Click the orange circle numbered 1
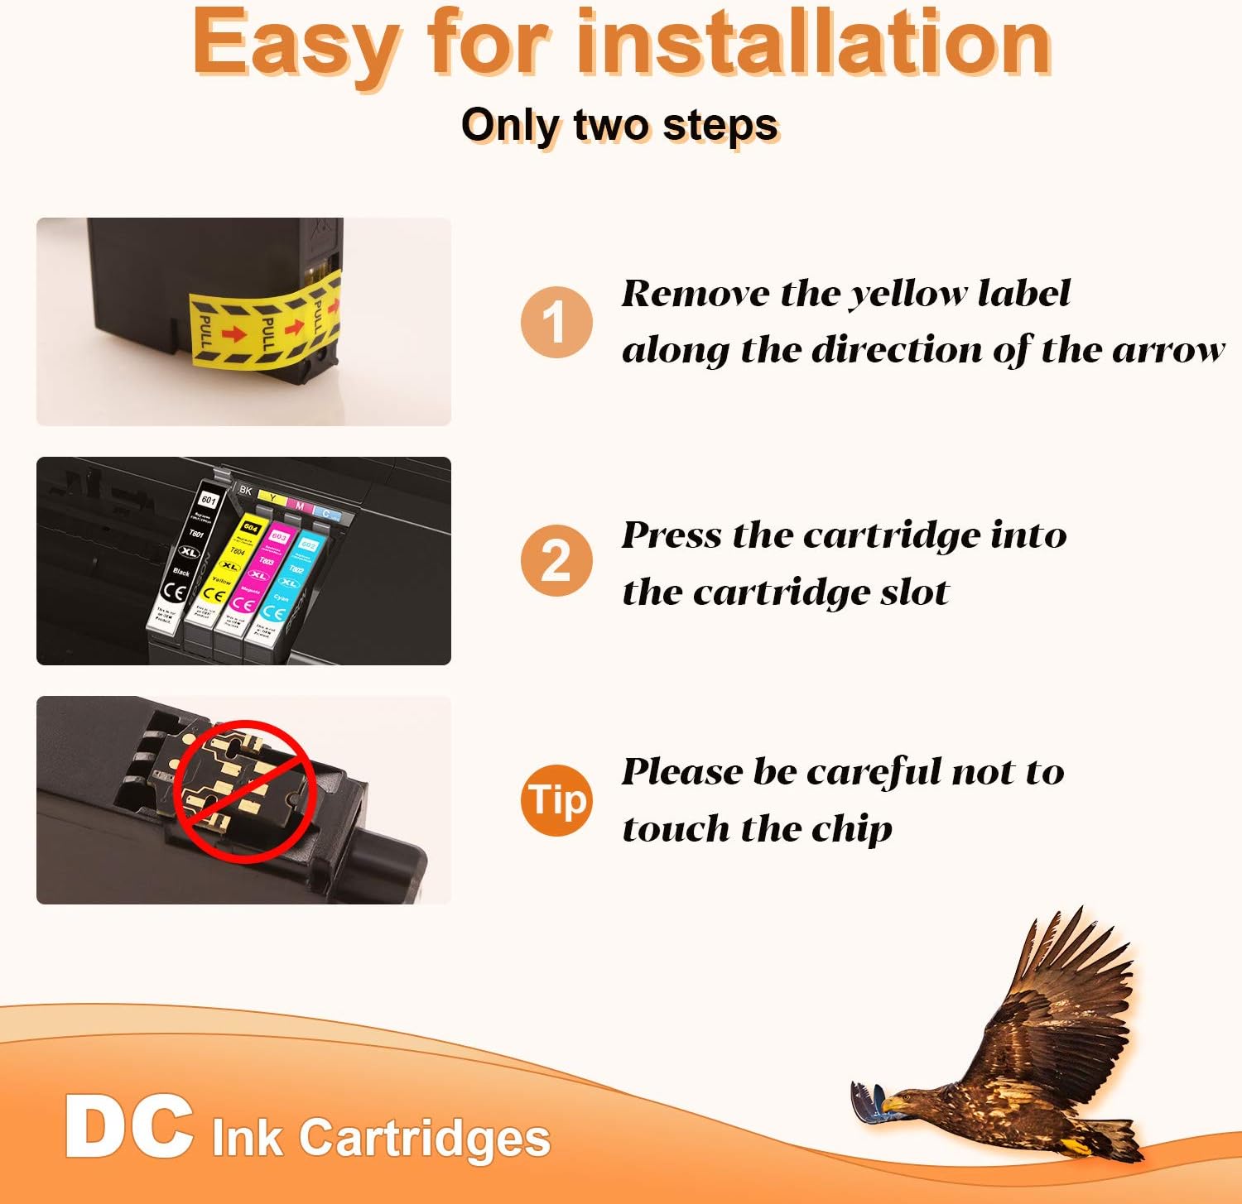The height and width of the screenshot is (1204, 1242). pos(556,322)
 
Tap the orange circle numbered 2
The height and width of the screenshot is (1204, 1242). pos(556,560)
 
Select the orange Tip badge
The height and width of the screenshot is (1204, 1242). pos(556,799)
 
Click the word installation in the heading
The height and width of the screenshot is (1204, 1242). pos(814,43)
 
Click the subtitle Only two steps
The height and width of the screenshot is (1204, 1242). pos(620,126)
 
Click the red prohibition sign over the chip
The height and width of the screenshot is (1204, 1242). pos(245,790)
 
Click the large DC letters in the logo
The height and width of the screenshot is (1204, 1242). pos(129,1127)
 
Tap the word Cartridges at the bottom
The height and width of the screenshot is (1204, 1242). pos(425,1137)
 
